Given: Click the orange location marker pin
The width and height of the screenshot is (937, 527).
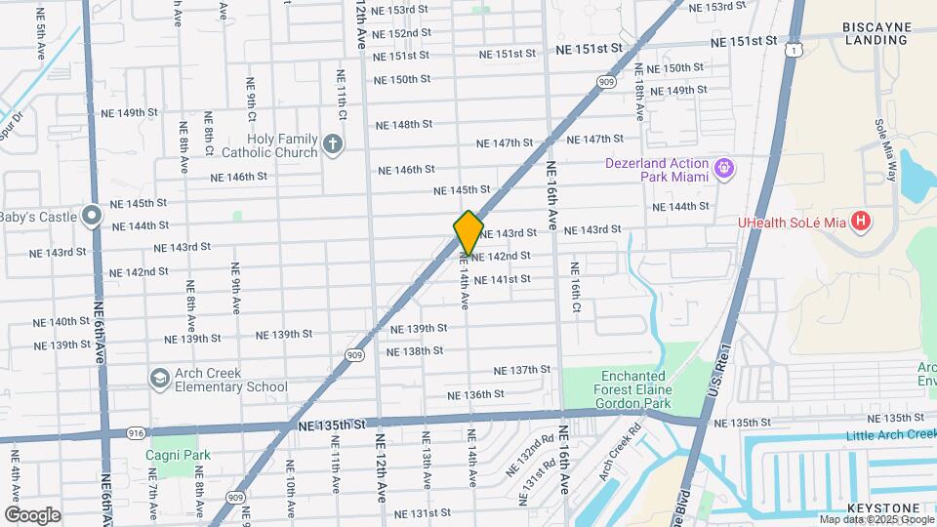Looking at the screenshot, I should pos(468,232).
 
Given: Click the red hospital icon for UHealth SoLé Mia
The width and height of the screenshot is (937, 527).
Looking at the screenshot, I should pos(860,222).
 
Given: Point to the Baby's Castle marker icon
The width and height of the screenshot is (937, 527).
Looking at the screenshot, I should pos(91,215).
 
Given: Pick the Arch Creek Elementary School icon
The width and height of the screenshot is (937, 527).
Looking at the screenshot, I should pos(158,378).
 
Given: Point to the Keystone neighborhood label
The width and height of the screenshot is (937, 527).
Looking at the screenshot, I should pos(881,508).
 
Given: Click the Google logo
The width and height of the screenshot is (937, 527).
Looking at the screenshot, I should pos(32,514).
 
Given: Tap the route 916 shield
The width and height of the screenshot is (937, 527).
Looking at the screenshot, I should pos(135,431).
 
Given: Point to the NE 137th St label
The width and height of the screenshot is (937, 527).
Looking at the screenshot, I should pos(523,370).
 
